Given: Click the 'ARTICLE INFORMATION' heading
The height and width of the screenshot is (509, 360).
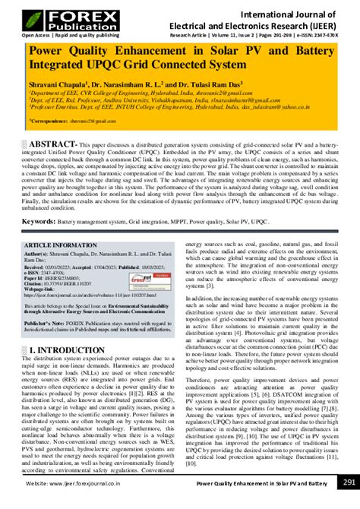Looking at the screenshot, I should [58, 225].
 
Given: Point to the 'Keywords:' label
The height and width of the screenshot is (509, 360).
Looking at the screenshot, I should [42, 201].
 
